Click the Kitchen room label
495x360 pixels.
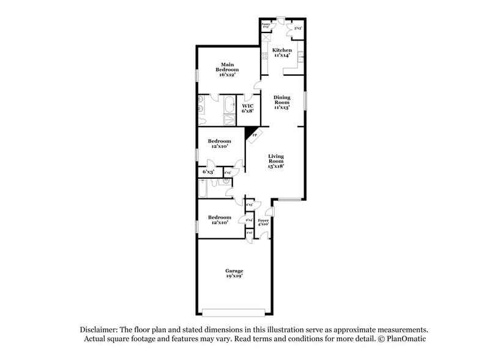coord(282,50)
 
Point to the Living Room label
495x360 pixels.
coord(276,159)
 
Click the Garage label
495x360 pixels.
coord(234,271)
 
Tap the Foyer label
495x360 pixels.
coord(263,220)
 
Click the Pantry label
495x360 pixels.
coord(266,25)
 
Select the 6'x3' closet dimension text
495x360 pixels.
coord(207,172)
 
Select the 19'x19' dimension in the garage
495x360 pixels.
coord(234,276)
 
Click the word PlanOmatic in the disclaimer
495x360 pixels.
coord(404,339)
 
